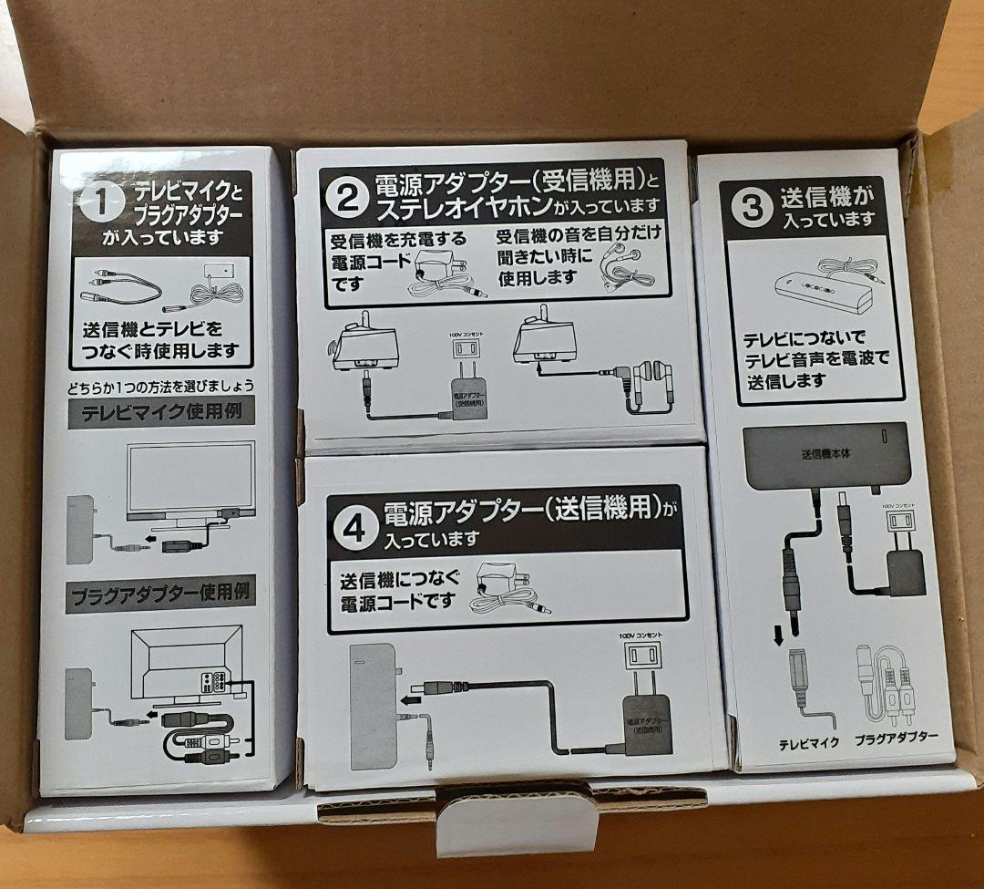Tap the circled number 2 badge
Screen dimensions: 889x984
pyautogui.click(x=347, y=198)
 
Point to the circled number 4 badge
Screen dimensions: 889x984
pyautogui.click(x=355, y=527)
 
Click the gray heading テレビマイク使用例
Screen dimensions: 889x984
pyautogui.click(x=159, y=411)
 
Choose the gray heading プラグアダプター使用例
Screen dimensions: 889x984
pyautogui.click(x=160, y=594)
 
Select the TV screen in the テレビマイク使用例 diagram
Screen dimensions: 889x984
pyautogui.click(x=190, y=478)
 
